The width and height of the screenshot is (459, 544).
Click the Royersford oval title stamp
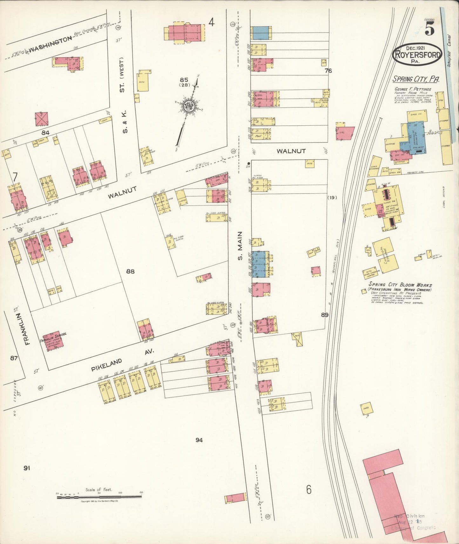point(417,55)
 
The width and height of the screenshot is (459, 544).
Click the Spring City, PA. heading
point(416,79)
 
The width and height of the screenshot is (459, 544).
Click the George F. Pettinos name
point(413,89)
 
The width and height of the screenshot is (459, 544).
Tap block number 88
point(130,271)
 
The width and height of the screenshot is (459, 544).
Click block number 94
point(199,440)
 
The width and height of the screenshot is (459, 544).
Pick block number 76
point(328,71)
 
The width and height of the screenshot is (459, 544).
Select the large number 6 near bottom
point(308,490)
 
